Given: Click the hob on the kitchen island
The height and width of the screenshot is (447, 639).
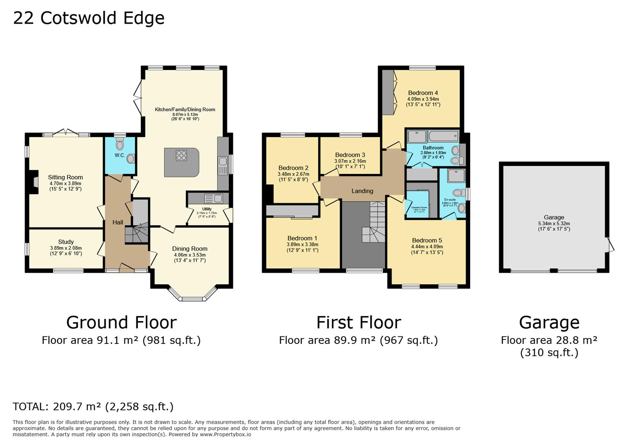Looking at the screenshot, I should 181,155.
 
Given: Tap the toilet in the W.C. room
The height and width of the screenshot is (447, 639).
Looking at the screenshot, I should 120,144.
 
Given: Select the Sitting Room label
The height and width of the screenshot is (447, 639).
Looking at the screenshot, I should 65,177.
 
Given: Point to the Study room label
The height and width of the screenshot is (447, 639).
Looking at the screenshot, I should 66,242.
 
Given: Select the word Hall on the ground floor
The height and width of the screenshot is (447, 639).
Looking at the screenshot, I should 118,222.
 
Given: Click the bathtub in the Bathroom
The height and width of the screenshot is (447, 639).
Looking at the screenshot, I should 443,136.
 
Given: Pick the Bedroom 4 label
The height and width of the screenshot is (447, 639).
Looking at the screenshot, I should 423,93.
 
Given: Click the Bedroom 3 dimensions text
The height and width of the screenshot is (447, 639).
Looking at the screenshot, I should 350,164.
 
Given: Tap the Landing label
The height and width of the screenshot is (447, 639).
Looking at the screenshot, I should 362,191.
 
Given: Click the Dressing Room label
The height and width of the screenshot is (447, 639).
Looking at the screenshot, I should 419,207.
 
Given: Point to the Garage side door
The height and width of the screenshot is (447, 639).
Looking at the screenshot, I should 610,245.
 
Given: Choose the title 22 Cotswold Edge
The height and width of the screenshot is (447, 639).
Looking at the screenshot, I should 89,18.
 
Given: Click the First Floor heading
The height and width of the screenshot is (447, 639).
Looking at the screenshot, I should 358,322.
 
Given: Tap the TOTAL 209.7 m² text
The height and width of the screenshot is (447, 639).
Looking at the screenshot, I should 93,406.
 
